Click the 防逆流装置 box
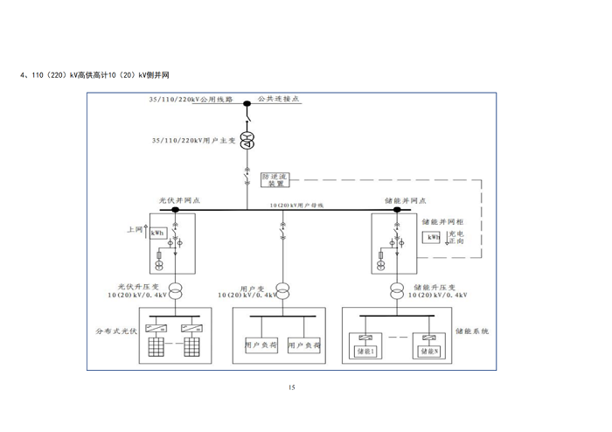pyautogui.click(x=276, y=180)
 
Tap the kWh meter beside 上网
pyautogui.click(x=157, y=233)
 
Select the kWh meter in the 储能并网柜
pyautogui.click(x=433, y=238)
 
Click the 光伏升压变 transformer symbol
pyautogui.click(x=176, y=290)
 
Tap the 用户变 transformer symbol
pyautogui.click(x=282, y=290)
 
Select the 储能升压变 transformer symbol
pyautogui.click(x=397, y=290)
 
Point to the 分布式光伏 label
pyautogui.click(x=115, y=332)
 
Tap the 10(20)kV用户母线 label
pyautogui.click(x=296, y=204)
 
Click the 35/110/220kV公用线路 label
pyautogui.click(x=192, y=101)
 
